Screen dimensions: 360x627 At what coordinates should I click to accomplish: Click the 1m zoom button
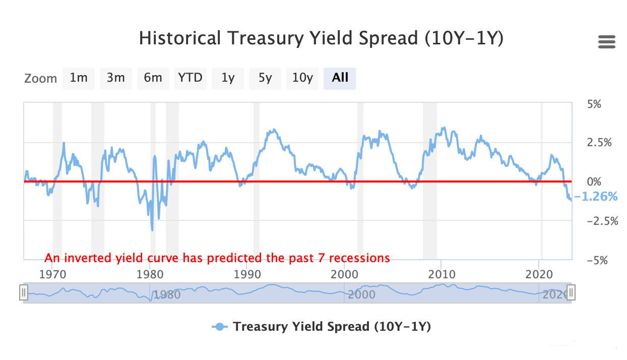coord(79,78)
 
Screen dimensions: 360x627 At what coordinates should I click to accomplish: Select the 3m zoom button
coord(116,78)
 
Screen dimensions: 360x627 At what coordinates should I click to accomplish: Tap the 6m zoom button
coord(153,78)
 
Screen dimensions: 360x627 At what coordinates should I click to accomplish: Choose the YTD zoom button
coord(190,78)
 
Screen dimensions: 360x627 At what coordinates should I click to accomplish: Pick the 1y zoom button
coord(228,78)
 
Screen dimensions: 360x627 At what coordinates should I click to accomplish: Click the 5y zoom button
coord(265,78)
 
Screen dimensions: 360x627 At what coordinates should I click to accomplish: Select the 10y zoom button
coord(302,78)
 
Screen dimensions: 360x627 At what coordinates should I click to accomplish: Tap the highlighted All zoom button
coord(340,78)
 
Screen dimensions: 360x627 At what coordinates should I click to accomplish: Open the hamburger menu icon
coord(607,42)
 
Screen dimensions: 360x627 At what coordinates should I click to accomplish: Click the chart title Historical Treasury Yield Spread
coord(321,38)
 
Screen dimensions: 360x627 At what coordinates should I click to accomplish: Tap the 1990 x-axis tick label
coord(247,275)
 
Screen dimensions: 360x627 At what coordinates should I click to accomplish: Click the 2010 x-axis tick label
coord(442,275)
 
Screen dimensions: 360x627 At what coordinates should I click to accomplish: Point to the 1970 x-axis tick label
coord(53,275)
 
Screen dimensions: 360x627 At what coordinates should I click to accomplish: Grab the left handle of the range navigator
coord(23,292)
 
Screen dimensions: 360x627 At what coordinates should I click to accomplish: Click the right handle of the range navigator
coord(571,292)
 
